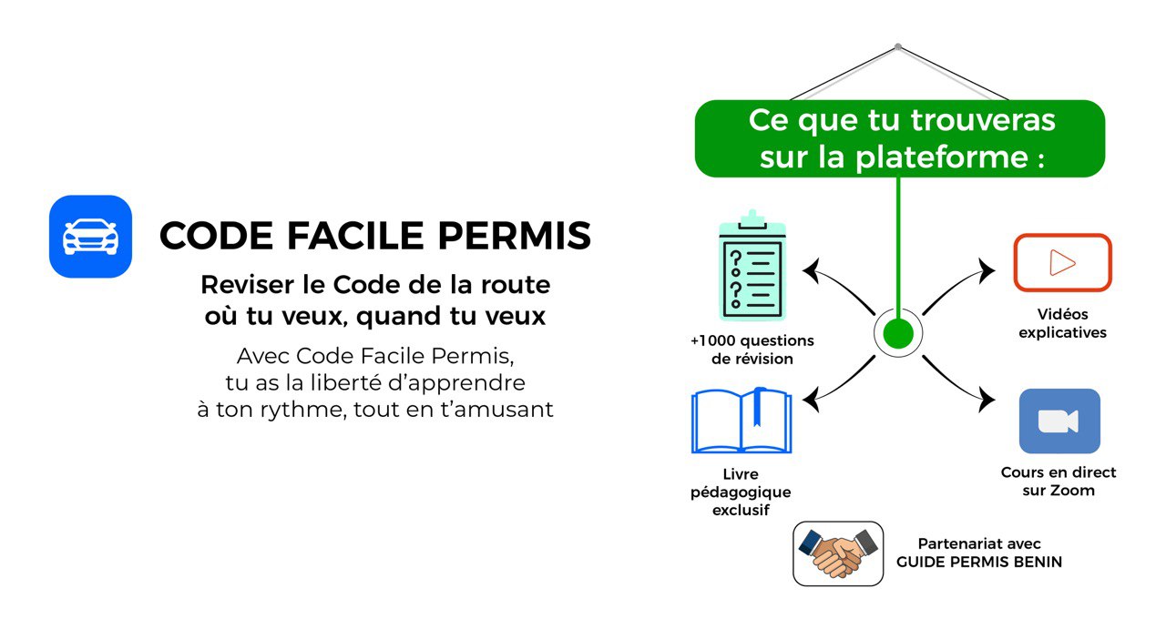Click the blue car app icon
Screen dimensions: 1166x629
(x=90, y=237)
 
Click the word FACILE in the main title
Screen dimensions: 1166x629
(x=355, y=236)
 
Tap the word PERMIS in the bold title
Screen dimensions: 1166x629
(x=515, y=236)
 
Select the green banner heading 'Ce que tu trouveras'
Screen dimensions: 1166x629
(x=902, y=120)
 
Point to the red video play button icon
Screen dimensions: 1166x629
(x=1062, y=263)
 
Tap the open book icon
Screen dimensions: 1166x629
(x=742, y=421)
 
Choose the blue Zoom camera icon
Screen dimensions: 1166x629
(x=1059, y=421)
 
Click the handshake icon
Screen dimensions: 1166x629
(x=838, y=553)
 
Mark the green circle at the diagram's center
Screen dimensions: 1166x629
(x=898, y=333)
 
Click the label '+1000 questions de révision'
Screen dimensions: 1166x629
(x=752, y=350)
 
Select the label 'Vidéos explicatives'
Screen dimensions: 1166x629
(x=1062, y=323)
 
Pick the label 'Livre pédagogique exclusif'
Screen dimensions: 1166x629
(x=741, y=492)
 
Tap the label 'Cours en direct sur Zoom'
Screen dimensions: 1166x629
(x=1059, y=482)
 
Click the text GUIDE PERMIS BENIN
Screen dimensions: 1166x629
(x=979, y=562)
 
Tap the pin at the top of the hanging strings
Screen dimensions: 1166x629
(x=898, y=46)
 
